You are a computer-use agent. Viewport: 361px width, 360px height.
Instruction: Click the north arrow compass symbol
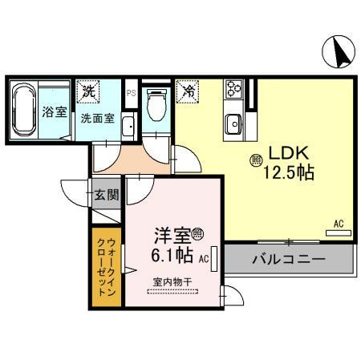tap(339, 51)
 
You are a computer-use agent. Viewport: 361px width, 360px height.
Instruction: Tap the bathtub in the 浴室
tap(24, 110)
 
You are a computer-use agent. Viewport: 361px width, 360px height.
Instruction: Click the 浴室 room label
tap(55, 111)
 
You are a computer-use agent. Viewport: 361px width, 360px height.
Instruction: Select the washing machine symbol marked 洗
tap(88, 91)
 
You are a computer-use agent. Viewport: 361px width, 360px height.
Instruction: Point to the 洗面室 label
tap(98, 118)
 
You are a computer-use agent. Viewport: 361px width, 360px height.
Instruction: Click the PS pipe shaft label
tap(131, 93)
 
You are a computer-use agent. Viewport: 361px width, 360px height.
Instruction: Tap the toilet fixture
tap(156, 105)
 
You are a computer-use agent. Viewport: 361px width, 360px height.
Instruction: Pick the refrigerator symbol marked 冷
tap(188, 91)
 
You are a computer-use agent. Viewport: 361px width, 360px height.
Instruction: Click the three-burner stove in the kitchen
tap(233, 89)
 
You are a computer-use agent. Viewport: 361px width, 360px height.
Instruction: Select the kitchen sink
tap(233, 124)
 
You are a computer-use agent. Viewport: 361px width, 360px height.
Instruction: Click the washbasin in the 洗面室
tap(128, 127)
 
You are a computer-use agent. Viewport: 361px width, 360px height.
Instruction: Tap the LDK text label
tap(289, 152)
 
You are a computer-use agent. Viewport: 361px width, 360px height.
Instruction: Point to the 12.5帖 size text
tap(289, 172)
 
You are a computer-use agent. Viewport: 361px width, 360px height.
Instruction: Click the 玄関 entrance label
tap(107, 194)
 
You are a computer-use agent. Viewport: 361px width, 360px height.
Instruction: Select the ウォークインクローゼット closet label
tap(107, 267)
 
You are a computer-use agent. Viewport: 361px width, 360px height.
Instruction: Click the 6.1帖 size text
tap(172, 255)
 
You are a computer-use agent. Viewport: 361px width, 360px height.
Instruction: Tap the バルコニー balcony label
tap(289, 259)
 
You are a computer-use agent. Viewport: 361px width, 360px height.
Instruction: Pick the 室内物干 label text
tap(172, 282)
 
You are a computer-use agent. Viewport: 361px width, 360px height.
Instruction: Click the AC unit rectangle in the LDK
tap(339, 233)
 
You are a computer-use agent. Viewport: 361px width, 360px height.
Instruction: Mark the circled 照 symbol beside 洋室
tap(197, 234)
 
